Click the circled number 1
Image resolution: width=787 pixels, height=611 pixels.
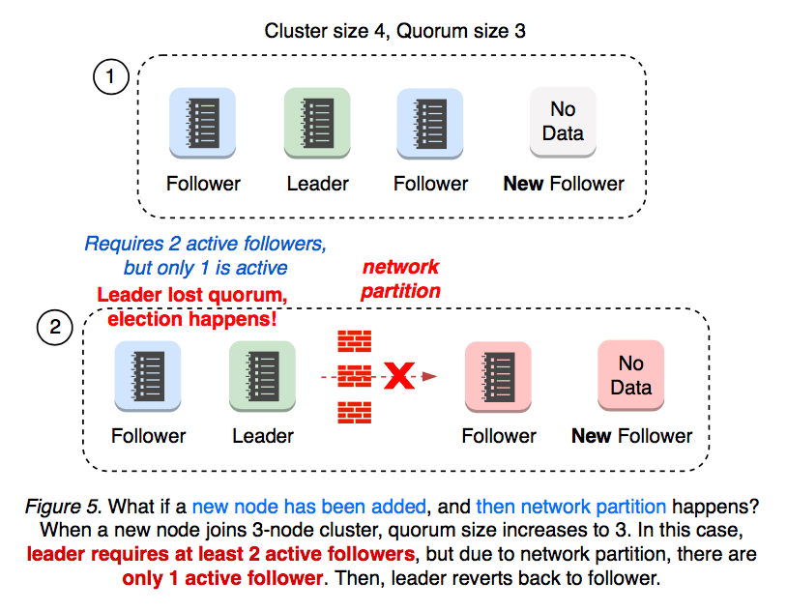(111, 77)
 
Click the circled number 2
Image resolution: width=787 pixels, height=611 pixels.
(54, 329)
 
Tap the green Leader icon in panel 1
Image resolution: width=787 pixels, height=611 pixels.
(317, 123)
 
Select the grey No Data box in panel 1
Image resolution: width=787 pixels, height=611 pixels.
(563, 122)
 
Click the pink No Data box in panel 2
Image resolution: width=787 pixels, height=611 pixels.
(630, 375)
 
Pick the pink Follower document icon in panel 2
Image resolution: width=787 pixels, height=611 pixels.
(498, 375)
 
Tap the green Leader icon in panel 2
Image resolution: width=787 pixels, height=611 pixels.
(262, 375)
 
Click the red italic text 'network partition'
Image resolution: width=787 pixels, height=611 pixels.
(400, 278)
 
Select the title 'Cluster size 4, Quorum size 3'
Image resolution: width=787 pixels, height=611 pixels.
(394, 30)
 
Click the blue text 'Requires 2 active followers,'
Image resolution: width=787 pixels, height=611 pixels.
(204, 244)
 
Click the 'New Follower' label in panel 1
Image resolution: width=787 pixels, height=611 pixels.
(564, 184)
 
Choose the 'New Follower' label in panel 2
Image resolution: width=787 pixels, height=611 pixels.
(631, 436)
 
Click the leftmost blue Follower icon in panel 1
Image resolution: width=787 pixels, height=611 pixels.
(203, 123)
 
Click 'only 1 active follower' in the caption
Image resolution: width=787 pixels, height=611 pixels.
(221, 579)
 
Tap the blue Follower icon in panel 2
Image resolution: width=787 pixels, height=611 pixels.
(148, 375)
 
